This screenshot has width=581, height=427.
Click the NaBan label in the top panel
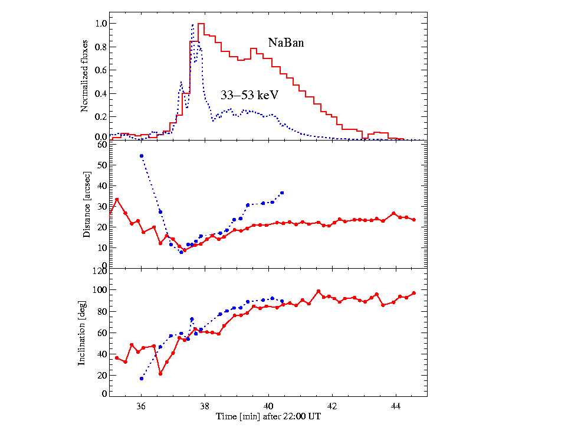tap(286, 43)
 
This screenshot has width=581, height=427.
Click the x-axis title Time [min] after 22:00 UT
tap(267, 417)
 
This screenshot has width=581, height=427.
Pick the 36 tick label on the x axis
tap(141, 406)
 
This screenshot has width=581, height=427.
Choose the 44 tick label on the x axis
tap(396, 406)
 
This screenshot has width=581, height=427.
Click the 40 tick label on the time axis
tap(268, 406)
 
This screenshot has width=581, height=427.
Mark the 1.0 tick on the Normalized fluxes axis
tap(101, 24)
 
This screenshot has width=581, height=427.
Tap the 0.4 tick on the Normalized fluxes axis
tap(101, 93)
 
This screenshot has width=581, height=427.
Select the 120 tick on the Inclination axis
tap(100, 270)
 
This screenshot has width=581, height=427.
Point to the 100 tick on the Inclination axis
tap(100, 290)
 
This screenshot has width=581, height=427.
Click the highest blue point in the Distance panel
tap(142, 156)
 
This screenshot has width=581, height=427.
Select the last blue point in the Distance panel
tap(282, 193)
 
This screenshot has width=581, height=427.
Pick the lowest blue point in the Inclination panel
tap(142, 378)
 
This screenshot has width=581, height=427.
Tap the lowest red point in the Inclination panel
tap(160, 374)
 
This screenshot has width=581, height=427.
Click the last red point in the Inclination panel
tap(413, 293)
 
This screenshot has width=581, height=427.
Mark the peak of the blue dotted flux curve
tap(193, 25)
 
